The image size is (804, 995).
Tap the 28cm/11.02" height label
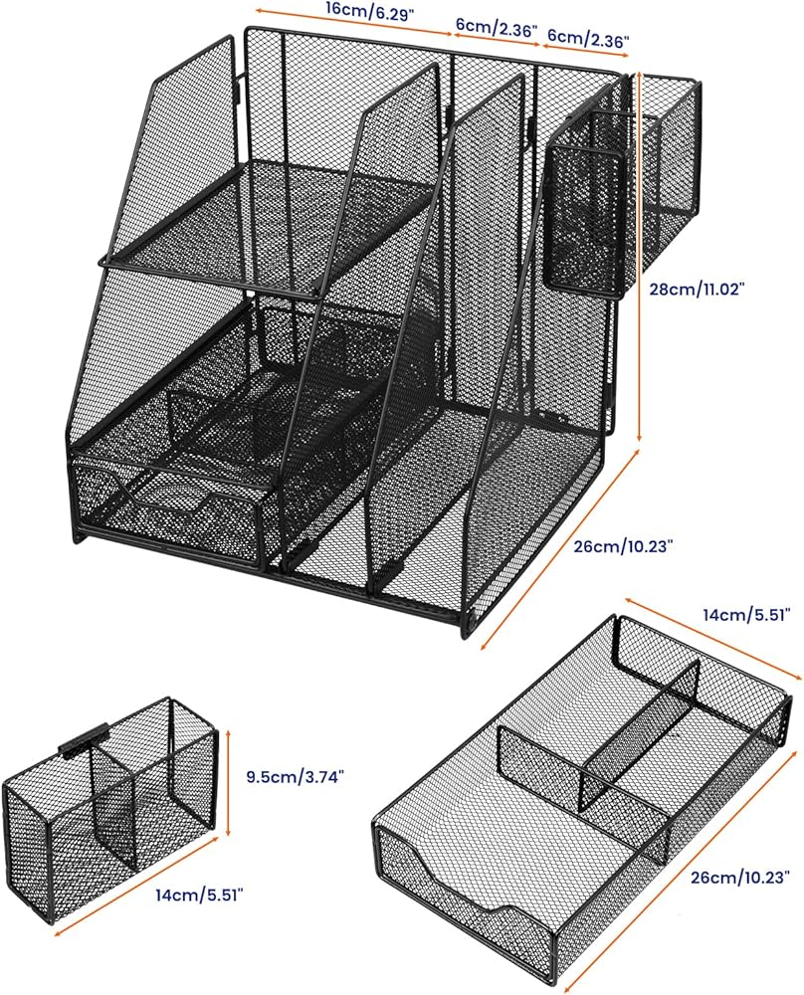tap(698, 289)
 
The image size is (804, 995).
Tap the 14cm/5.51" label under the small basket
tap(199, 895)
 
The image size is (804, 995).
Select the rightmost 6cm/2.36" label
tap(587, 39)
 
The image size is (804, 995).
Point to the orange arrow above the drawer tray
tap(710, 638)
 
